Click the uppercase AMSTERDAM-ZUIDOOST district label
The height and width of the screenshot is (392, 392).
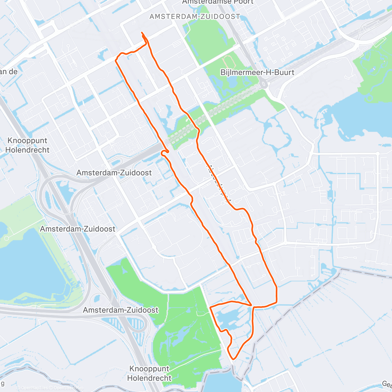point(195,16)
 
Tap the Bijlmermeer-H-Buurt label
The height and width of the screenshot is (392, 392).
point(257,72)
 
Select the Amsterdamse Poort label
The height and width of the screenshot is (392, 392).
point(218,2)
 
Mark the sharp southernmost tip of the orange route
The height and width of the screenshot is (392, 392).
point(233,359)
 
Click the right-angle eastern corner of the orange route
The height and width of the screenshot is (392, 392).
point(276,288)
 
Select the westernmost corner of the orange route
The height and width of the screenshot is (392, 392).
point(116,60)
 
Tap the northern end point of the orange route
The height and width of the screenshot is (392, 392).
point(142,32)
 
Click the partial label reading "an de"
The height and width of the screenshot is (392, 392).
point(8,72)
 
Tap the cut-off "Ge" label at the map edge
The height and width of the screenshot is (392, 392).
point(387,384)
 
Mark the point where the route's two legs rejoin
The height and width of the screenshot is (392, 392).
point(252,306)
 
